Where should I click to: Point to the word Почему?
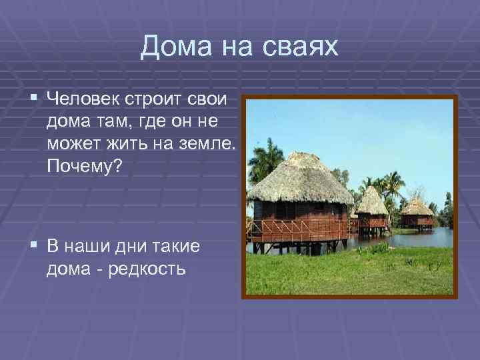point(85,166)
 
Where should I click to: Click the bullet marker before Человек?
point(34,100)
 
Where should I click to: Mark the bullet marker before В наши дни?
point(34,247)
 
